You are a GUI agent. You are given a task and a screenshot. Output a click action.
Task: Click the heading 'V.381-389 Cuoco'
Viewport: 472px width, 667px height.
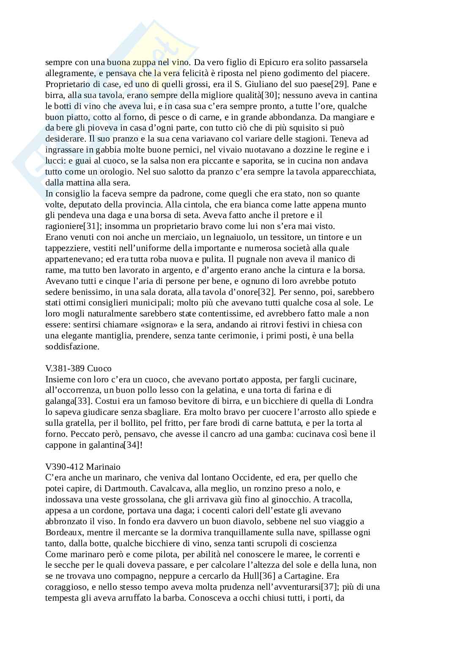coord(78,368)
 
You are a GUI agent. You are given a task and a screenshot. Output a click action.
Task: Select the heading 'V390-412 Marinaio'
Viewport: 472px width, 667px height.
coord(83,467)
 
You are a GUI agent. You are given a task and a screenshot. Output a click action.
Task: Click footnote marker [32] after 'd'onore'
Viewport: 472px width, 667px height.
coord(267,292)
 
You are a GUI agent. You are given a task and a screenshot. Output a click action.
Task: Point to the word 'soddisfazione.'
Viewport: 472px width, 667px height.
coord(72,347)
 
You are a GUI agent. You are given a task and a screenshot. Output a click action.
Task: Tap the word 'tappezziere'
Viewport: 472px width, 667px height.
coord(66,248)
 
